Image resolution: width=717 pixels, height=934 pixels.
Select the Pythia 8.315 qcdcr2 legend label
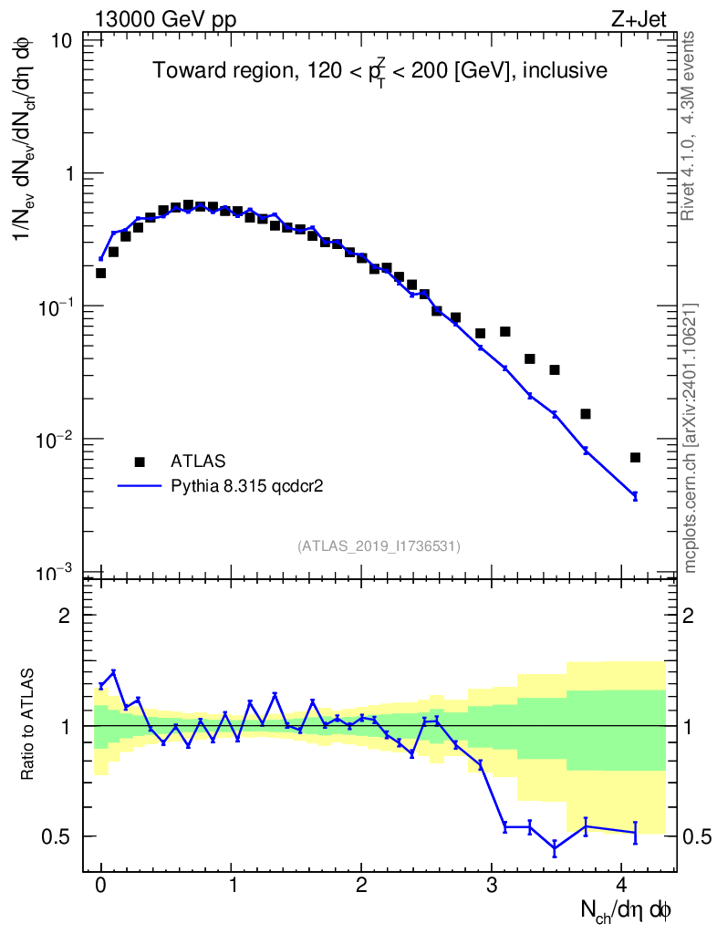pyautogui.click(x=248, y=486)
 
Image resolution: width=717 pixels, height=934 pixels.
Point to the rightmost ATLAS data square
pyautogui.click(x=635, y=458)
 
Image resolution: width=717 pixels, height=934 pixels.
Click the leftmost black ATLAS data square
pyautogui.click(x=100, y=273)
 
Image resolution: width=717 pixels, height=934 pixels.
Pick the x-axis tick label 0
pyautogui.click(x=101, y=885)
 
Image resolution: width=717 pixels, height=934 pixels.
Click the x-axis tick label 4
pyautogui.click(x=622, y=885)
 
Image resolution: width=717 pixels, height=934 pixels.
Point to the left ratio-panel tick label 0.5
pyautogui.click(x=61, y=836)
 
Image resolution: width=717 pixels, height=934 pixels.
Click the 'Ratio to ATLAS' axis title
pyautogui.click(x=28, y=725)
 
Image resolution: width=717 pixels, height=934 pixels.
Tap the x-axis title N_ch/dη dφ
pyautogui.click(x=627, y=910)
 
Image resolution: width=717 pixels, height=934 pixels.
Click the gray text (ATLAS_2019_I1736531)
pyautogui.click(x=379, y=545)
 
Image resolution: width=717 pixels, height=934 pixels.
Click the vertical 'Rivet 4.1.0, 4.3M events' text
pyautogui.click(x=690, y=125)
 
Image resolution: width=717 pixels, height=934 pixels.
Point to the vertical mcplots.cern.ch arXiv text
pyautogui.click(x=691, y=438)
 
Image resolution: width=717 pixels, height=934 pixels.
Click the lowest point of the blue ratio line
pyautogui.click(x=554, y=849)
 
